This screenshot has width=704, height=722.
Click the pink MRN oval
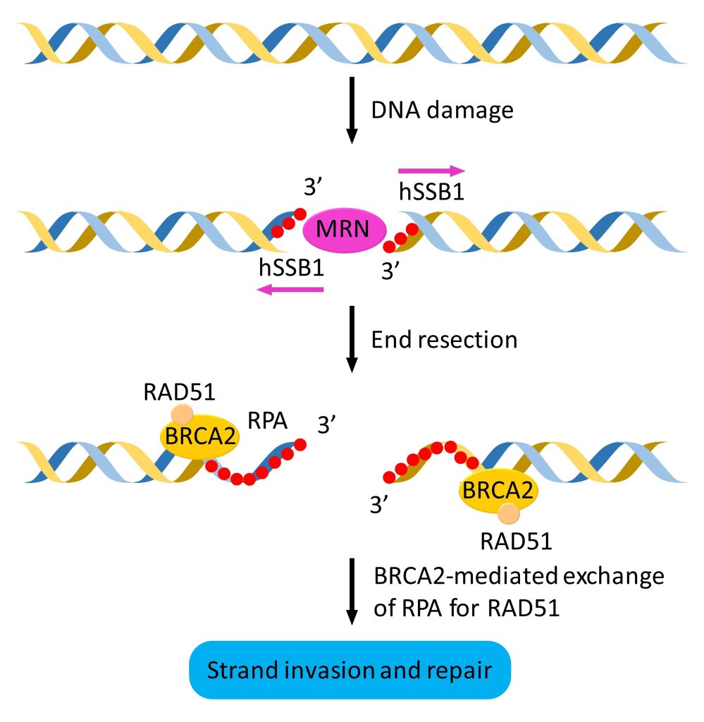pyautogui.click(x=345, y=229)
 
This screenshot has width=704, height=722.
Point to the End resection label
pyautogui.click(x=444, y=339)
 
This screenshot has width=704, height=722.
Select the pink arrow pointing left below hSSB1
pyautogui.click(x=290, y=288)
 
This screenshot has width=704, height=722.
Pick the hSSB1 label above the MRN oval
pyautogui.click(x=431, y=192)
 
